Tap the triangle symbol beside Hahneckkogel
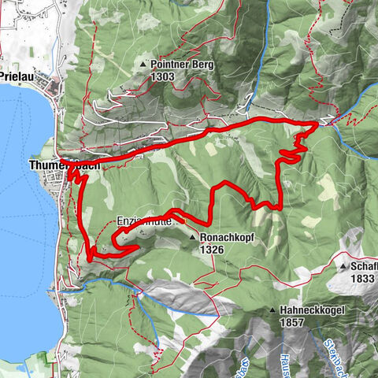[272, 311]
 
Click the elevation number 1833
[363, 279]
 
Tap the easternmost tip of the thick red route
[318, 124]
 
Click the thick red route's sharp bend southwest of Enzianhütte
[91, 257]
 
